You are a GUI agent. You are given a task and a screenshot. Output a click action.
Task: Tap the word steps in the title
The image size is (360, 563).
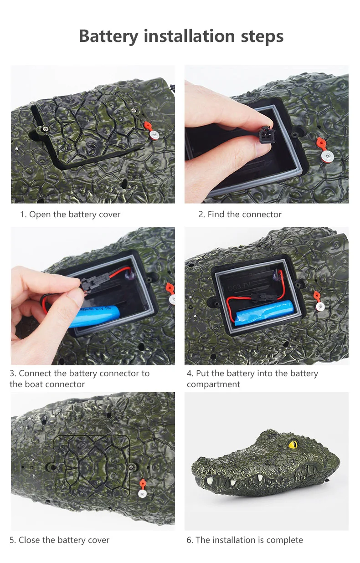262,37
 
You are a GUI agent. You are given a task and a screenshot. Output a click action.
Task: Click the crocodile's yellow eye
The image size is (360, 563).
293,444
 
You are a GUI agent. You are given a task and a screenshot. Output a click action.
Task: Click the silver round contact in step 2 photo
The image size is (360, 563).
327,156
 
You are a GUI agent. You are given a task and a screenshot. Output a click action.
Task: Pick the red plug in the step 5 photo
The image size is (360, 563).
143,483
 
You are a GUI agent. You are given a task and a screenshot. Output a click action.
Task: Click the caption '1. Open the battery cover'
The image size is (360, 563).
70,215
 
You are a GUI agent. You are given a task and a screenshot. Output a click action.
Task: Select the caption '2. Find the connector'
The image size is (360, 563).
240,215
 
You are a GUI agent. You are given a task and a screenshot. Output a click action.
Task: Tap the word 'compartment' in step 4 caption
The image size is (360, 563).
213,384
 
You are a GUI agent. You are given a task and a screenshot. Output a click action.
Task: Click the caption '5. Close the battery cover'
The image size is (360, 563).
60,540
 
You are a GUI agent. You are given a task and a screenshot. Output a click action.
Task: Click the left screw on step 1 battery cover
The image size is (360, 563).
45,129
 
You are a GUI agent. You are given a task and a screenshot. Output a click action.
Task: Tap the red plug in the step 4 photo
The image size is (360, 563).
317,296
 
